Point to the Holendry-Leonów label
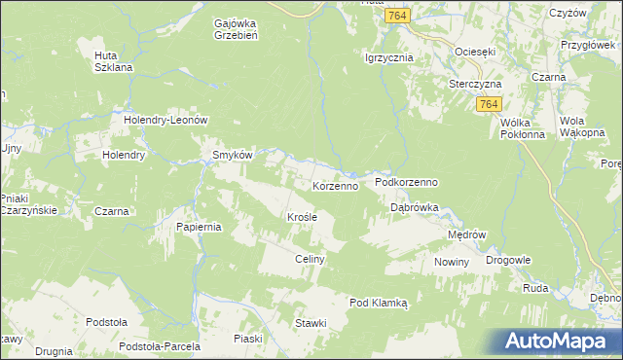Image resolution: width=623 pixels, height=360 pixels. click(167, 120)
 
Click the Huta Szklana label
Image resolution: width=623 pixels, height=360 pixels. click(112, 61)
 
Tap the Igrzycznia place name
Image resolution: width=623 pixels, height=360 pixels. click(388, 57)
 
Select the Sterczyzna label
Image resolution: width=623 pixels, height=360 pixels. click(474, 84)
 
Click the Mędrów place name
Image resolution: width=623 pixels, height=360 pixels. click(466, 234)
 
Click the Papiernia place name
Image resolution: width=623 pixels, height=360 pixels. click(201, 227)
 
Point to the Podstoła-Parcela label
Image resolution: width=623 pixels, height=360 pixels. click(159, 346)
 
